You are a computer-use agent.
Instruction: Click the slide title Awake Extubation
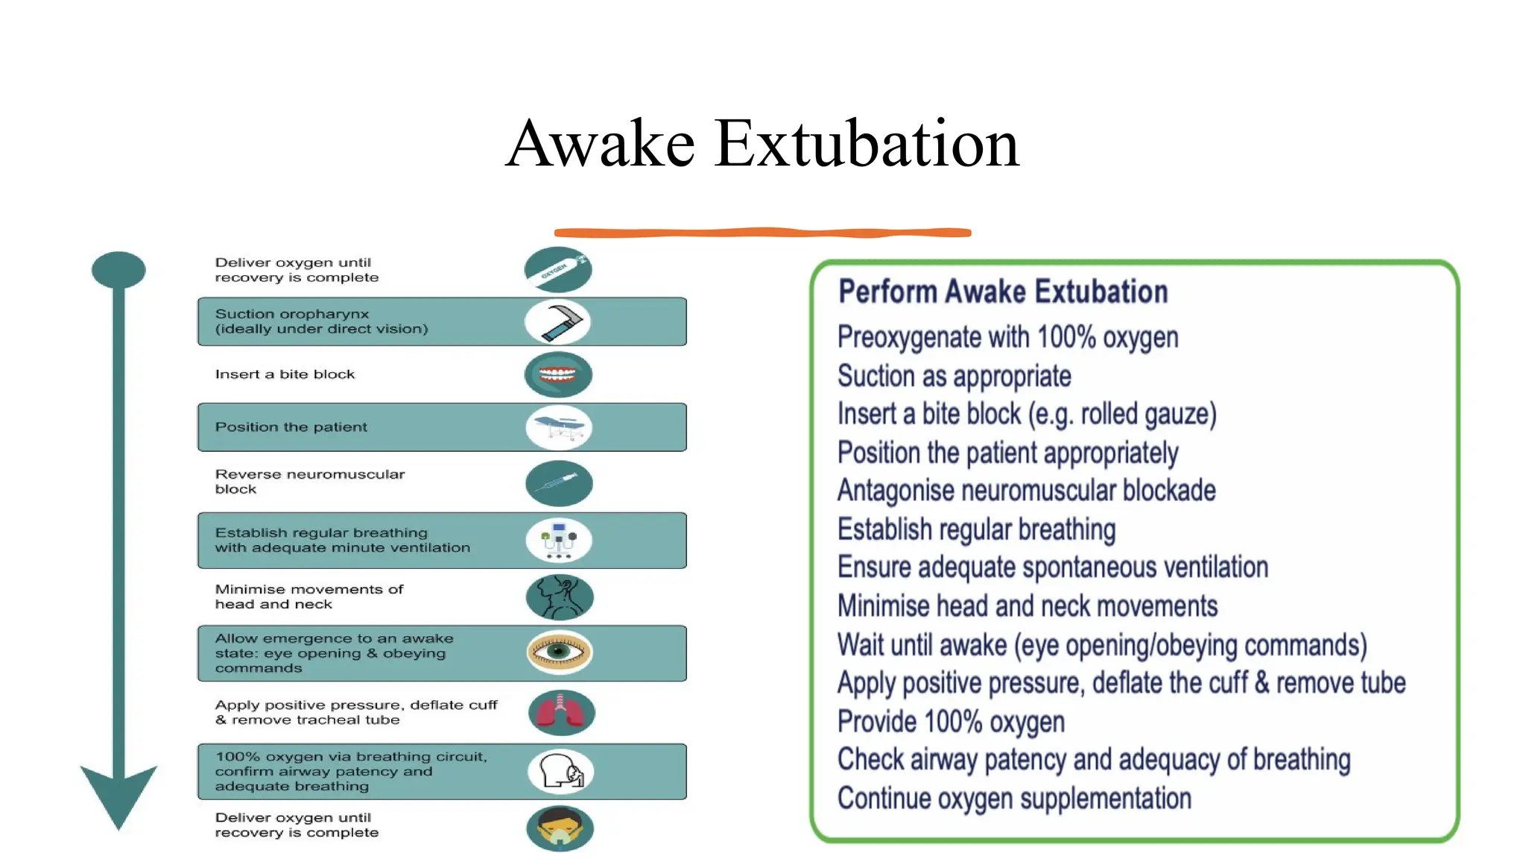click(762, 143)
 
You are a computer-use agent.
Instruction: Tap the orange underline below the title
click(762, 233)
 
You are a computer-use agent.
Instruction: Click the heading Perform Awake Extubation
click(1003, 292)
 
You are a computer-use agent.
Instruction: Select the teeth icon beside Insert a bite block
click(558, 374)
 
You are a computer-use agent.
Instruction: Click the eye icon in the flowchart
click(559, 652)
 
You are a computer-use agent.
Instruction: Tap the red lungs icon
click(561, 712)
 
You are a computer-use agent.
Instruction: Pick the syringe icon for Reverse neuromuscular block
click(559, 483)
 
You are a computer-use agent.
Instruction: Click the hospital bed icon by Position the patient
click(559, 427)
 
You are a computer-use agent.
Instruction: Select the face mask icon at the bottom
click(560, 828)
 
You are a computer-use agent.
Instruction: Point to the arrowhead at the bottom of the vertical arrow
click(118, 795)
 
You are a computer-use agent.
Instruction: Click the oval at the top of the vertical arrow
click(118, 269)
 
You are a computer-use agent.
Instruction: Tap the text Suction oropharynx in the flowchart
click(292, 314)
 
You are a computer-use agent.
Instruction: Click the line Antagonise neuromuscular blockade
click(1026, 491)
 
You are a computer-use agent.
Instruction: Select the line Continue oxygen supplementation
click(1014, 799)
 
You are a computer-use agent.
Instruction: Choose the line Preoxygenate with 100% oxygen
click(1007, 337)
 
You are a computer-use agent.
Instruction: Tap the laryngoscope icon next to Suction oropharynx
click(558, 321)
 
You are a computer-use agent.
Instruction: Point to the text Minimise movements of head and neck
click(308, 597)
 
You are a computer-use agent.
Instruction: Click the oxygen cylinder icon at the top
click(558, 269)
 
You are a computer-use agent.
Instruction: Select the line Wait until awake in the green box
click(1101, 645)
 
